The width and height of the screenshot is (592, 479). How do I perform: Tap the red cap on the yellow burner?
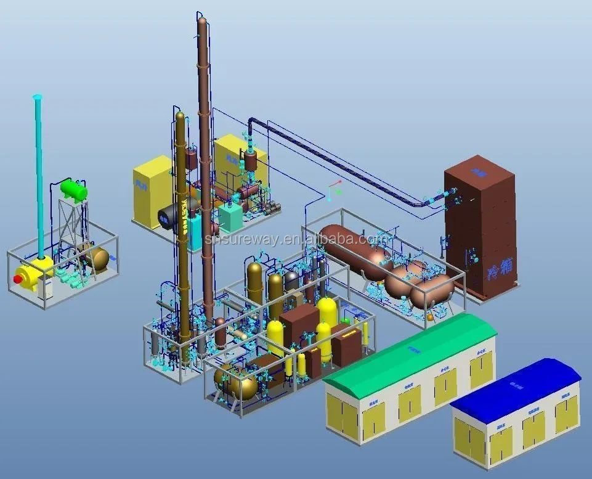tap(18, 279)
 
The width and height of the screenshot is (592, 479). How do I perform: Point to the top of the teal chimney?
tap(37, 97)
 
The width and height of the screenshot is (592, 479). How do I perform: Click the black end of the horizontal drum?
tap(167, 216)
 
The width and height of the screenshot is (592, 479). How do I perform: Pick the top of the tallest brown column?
tap(202, 21)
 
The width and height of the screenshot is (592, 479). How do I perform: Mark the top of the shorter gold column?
tap(180, 115)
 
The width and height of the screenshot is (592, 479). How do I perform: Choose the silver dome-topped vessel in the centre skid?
tap(291, 283)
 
